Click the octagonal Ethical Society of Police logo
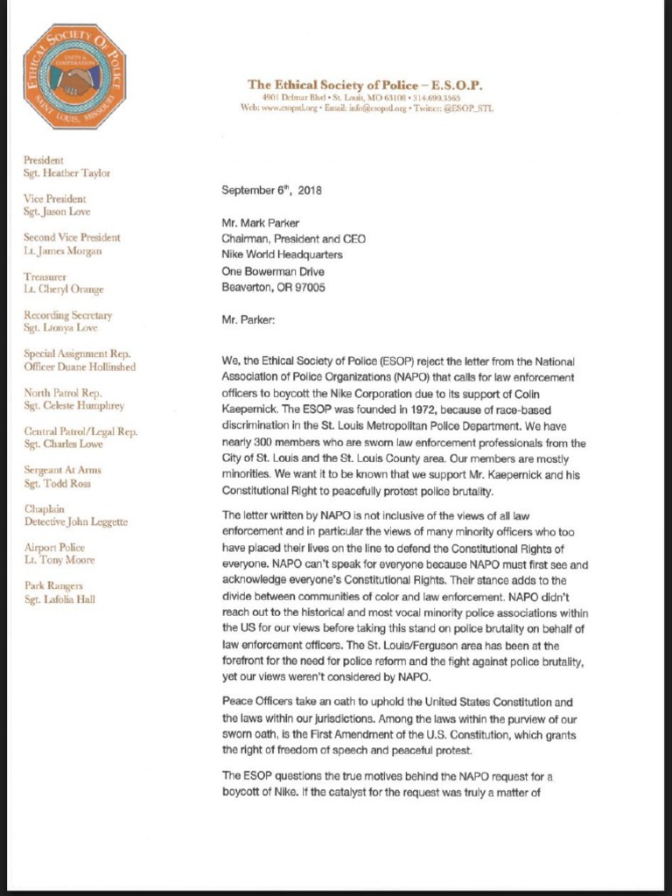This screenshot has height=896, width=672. pos(74,77)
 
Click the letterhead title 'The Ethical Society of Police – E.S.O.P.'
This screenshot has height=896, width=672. pos(365,85)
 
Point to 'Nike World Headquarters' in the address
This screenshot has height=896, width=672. pos(282,255)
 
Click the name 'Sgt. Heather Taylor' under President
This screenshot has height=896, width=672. pos(66,173)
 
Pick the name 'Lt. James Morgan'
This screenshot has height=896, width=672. pos(63,250)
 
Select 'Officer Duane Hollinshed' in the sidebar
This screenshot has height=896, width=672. pos(80,367)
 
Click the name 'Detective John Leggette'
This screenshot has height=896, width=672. pos(76,521)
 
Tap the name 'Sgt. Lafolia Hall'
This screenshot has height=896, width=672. pos(59,598)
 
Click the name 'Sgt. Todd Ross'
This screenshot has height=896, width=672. pos(58,483)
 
